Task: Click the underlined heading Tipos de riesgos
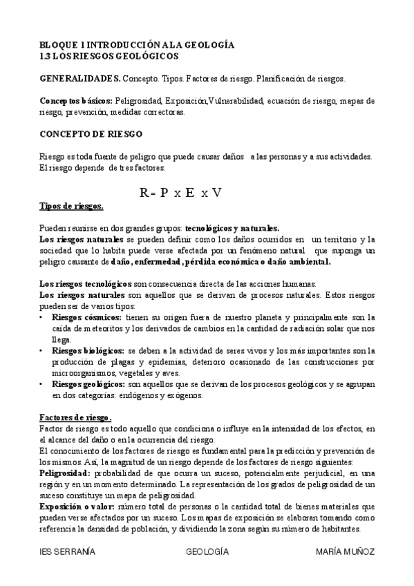click(71, 206)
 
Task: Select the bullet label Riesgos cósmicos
click(86, 316)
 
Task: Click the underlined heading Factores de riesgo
click(75, 417)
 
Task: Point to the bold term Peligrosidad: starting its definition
click(65, 473)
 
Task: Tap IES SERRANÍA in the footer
click(68, 552)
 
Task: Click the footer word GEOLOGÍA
click(207, 552)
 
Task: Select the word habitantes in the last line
click(337, 529)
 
